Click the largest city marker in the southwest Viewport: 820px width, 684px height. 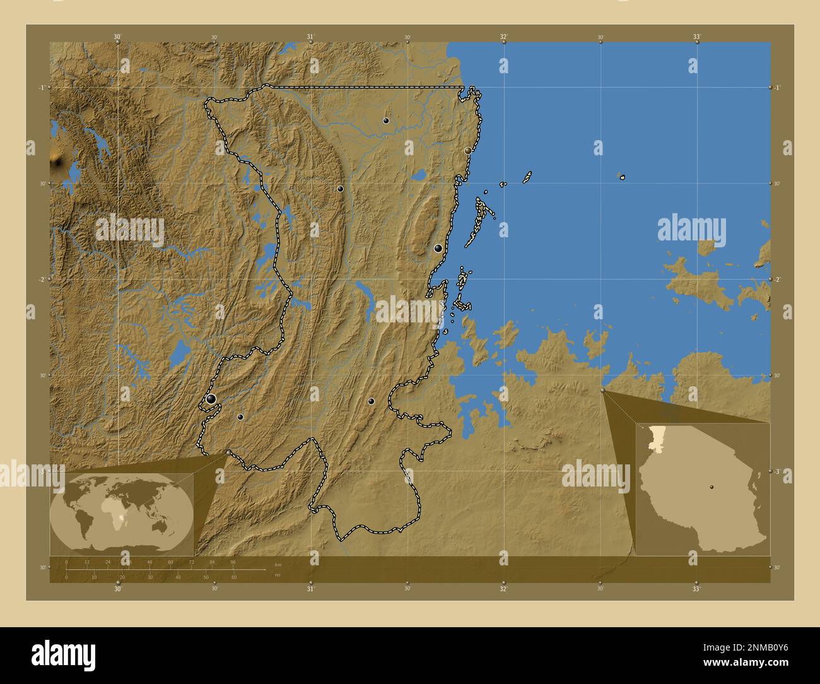(x=211, y=398)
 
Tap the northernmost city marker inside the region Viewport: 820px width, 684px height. (x=385, y=120)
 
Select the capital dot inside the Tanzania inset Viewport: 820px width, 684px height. (x=712, y=487)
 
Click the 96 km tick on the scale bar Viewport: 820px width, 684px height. (x=233, y=562)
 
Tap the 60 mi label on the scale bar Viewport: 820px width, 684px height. (x=234, y=577)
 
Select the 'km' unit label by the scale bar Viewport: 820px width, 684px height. (x=278, y=563)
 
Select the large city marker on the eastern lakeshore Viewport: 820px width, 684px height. (x=438, y=248)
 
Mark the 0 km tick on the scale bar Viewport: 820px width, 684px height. (x=66, y=562)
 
